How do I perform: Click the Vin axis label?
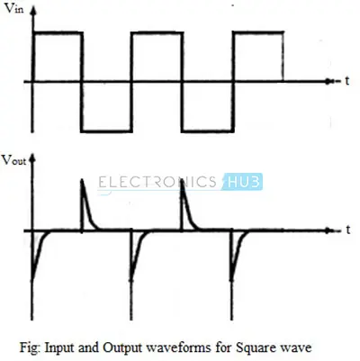pyautogui.click(x=14, y=8)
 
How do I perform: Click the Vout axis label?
pyautogui.click(x=14, y=160)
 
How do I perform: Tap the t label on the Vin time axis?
pyautogui.click(x=347, y=81)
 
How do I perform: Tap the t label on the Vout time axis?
pyautogui.click(x=348, y=230)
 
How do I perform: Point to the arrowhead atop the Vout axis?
pyautogui.click(x=32, y=158)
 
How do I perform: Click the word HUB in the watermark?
pyautogui.click(x=243, y=182)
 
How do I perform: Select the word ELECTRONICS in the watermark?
pyautogui.click(x=157, y=182)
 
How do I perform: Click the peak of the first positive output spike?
pyautogui.click(x=82, y=180)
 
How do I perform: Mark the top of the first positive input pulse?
pyautogui.click(x=58, y=33)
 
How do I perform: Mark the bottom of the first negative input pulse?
pyautogui.click(x=106, y=131)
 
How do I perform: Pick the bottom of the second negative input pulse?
pyautogui.click(x=208, y=131)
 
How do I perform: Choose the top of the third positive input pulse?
pyautogui.click(x=259, y=32)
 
